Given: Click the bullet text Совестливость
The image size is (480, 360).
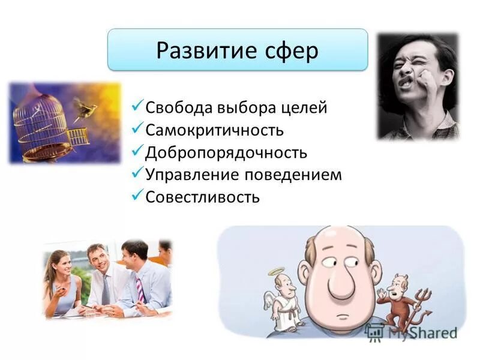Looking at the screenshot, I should (202, 197).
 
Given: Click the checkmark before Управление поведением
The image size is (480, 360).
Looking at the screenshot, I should (137, 173).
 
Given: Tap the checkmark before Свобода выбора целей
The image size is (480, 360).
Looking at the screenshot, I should (137, 107).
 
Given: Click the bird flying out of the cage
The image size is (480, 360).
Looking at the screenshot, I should (85, 109).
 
